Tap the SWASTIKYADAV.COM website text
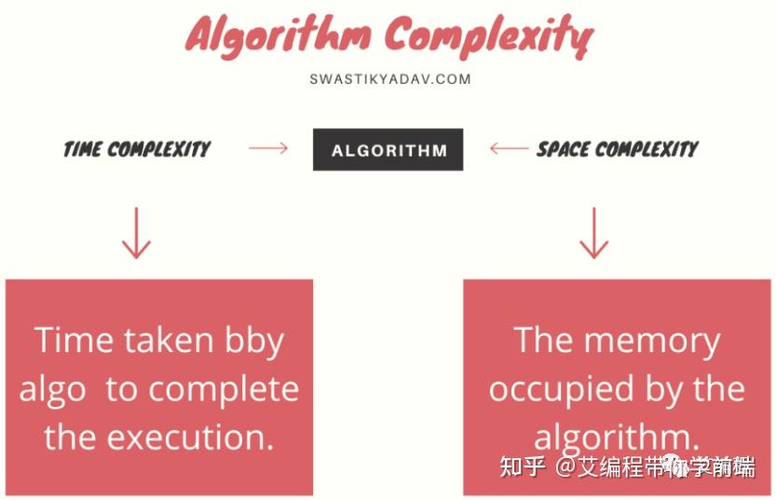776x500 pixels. point(390,79)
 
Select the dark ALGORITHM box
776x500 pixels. point(388,149)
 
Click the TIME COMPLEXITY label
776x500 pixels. point(137,149)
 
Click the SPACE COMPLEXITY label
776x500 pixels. point(618,149)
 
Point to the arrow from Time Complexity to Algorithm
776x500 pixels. point(268,148)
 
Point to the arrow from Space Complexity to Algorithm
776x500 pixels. point(510,148)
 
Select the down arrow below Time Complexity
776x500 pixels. point(136,233)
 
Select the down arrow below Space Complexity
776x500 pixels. point(593,233)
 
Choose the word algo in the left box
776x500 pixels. point(52,391)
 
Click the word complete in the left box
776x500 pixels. point(224,391)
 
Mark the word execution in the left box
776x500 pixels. point(191,438)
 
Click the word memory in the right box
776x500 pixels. point(652,342)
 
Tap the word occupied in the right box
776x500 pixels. point(561,391)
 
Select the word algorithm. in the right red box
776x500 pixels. point(617,439)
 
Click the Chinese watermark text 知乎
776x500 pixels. point(523,466)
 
